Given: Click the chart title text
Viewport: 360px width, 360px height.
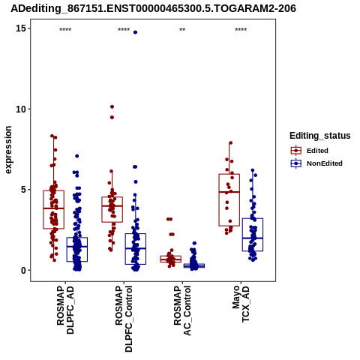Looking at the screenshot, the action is pos(153,8).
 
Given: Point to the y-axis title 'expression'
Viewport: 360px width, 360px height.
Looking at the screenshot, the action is pos(8,150).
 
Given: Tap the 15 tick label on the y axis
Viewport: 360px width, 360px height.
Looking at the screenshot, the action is pos(21,28).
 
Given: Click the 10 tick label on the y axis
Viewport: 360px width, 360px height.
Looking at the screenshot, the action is pos(21,109).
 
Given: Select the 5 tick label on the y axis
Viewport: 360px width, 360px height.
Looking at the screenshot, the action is pos(23,190).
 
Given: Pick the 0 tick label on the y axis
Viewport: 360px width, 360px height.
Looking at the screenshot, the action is pos(23,270).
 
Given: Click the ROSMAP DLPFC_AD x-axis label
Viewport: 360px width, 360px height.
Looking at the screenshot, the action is pos(65,310).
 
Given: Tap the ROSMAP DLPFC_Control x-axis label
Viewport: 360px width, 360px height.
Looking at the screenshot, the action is pos(124,319).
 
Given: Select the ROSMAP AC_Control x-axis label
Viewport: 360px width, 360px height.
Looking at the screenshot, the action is pos(182,310).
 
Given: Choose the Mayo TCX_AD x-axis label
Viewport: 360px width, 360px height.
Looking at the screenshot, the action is pos(241,304).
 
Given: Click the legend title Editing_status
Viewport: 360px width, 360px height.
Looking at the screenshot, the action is pos(320,136).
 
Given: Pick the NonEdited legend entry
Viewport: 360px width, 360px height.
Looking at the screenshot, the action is pos(316,163).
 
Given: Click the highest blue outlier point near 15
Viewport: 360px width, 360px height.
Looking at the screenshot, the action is pos(135,32).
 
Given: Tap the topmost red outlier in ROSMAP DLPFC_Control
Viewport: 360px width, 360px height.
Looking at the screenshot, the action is pos(112,106).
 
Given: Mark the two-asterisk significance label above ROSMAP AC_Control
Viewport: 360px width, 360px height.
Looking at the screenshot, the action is pos(182,30).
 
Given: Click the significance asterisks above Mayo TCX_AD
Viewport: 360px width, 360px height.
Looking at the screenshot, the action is pos(241,30).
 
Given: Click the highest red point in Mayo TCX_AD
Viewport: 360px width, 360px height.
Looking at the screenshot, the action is pos(231,143).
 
